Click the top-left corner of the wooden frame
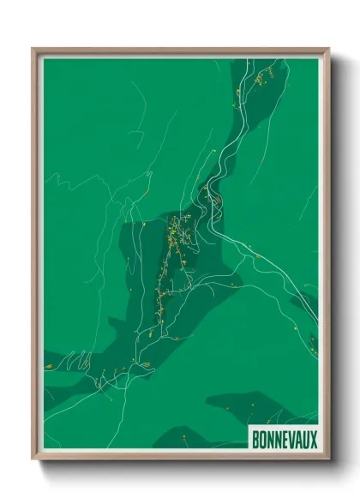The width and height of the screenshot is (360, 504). (x=33, y=49)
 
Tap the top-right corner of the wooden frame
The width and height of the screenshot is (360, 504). (x=328, y=49)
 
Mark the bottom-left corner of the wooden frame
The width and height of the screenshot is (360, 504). (x=33, y=459)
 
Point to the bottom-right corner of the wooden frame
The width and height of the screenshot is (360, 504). (x=328, y=459)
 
